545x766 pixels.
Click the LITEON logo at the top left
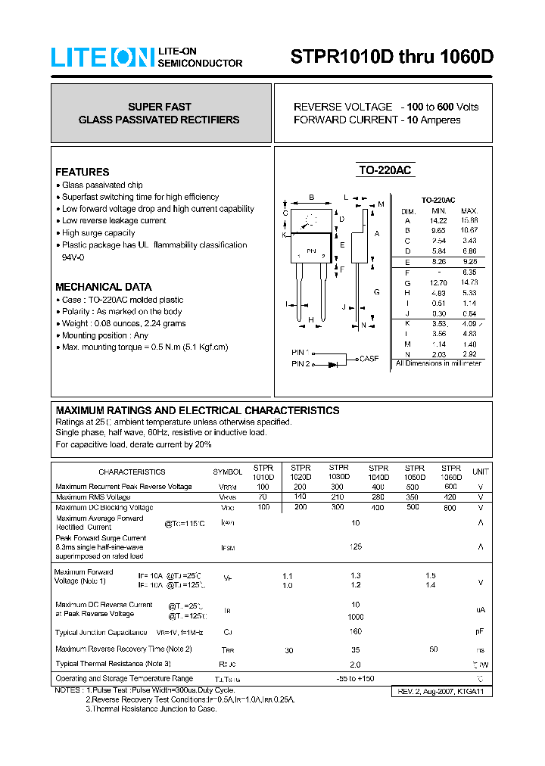coord(103,58)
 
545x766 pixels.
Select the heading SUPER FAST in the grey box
coord(160,107)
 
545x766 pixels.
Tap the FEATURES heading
coord(83,172)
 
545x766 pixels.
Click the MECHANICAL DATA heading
coord(104,287)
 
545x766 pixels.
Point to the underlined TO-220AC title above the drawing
coord(385,171)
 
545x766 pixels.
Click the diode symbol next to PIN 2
coord(333,364)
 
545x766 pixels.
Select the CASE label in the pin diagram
coord(369,359)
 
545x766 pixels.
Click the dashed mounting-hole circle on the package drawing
coord(308,223)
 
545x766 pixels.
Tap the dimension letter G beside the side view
coord(376,291)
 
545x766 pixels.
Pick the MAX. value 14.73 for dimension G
coord(469,282)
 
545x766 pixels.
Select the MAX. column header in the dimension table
coord(469,210)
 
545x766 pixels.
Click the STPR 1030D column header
coord(339,472)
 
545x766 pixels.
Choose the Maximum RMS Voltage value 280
coord(378,497)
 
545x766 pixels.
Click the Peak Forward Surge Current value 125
coord(355,546)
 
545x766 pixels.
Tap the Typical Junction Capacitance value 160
coord(355,631)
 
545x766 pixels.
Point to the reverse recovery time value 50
coord(433,649)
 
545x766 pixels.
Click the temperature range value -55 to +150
coord(355,678)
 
